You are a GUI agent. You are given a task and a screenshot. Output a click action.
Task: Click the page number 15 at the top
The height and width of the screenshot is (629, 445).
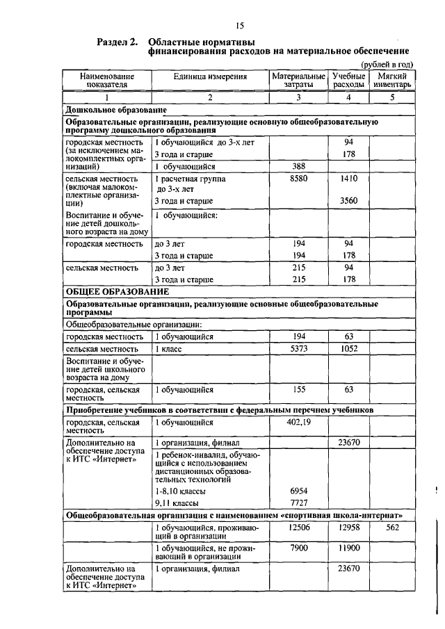[239, 26]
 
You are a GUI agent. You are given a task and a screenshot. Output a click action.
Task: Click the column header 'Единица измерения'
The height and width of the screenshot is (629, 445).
[210, 75]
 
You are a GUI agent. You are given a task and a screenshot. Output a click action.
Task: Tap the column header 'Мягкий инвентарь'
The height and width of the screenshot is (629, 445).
[392, 80]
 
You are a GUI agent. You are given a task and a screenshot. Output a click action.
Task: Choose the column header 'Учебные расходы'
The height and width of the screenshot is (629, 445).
[348, 80]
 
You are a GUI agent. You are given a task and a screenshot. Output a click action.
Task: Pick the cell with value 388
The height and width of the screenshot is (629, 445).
[298, 167]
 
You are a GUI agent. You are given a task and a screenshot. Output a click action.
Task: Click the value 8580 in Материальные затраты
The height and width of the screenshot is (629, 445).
[298, 179]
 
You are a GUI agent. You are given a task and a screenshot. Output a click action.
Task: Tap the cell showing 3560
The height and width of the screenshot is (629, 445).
[348, 201]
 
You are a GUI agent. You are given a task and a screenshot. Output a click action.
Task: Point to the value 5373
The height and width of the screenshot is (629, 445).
[298, 348]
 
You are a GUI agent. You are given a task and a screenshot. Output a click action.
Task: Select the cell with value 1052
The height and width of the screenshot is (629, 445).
[348, 348]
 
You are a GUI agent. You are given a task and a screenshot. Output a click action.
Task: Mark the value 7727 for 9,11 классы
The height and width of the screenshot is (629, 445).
[298, 503]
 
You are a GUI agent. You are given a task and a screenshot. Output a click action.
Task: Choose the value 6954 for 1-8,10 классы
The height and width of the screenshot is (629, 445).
[298, 491]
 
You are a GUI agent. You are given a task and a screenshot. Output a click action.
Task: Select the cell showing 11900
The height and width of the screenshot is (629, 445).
[348, 548]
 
